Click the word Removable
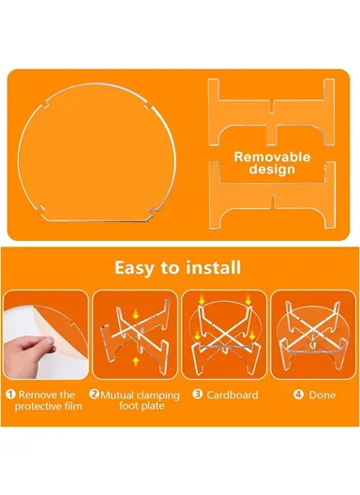point(272,157)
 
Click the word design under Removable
point(272,169)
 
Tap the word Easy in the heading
point(135,268)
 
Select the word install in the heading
point(213,267)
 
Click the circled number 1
point(10,395)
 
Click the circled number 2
point(94,394)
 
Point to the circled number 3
point(198,394)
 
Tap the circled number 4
point(298,395)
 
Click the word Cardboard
point(232,395)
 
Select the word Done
point(322,395)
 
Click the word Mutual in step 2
point(117,396)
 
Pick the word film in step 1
point(73,406)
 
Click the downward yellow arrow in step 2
point(136,314)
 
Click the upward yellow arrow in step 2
point(136,362)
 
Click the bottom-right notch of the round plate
point(153,211)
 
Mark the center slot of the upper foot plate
point(273,106)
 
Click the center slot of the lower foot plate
point(273,202)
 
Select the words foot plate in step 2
point(142,406)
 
